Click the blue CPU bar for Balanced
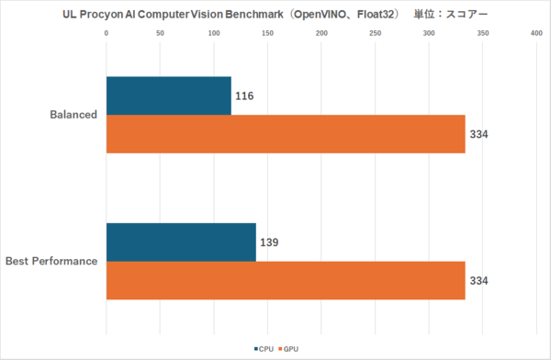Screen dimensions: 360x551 [168, 96]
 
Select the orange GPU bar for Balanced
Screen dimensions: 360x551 [286, 134]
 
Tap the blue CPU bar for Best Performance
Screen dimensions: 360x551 [181, 242]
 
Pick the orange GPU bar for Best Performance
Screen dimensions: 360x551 [286, 280]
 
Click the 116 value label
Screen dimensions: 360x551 [244, 96]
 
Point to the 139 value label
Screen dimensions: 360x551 [268, 242]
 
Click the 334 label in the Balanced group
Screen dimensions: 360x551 [478, 135]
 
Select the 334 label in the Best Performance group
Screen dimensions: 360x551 [478, 281]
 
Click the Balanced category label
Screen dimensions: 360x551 [73, 115]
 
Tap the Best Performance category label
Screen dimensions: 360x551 [51, 262]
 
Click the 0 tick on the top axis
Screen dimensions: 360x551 [107, 34]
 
